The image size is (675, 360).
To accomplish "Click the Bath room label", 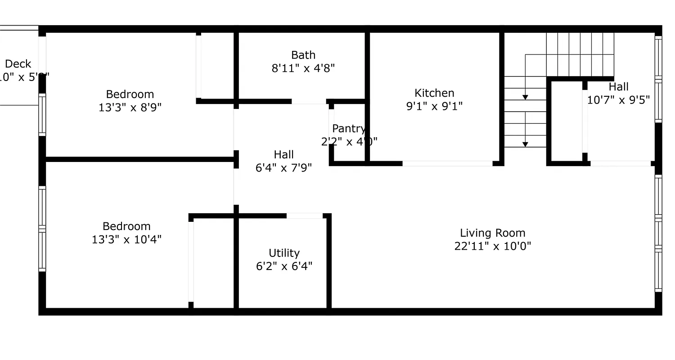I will coord(303,55).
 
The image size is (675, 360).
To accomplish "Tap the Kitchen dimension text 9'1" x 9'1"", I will coord(434,106).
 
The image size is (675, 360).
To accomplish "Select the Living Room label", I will coord(492,233).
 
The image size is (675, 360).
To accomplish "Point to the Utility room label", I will coord(284,253).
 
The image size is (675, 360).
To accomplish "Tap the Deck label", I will coord(18,64).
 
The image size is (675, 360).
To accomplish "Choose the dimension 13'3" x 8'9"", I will coord(130,108).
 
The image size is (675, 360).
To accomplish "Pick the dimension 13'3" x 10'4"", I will coord(126,239).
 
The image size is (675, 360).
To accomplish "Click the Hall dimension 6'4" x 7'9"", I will coord(283,168).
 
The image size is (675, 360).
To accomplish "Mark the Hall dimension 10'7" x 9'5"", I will coord(618,100).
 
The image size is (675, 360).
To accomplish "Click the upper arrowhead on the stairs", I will coord(525,97).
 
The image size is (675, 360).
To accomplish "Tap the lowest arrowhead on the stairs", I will coord(525,144).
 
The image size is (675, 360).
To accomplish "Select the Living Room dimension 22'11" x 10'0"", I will coord(492,246).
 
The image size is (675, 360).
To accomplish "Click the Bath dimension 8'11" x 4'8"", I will coord(303,68).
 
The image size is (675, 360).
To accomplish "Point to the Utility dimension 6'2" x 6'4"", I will coord(284,266).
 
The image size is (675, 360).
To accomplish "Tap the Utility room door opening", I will coord(305,216).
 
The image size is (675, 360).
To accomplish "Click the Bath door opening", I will coord(309,102).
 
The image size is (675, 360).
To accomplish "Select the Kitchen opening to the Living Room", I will coord(447,163).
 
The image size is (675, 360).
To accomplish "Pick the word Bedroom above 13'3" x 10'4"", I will coord(126,226).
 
